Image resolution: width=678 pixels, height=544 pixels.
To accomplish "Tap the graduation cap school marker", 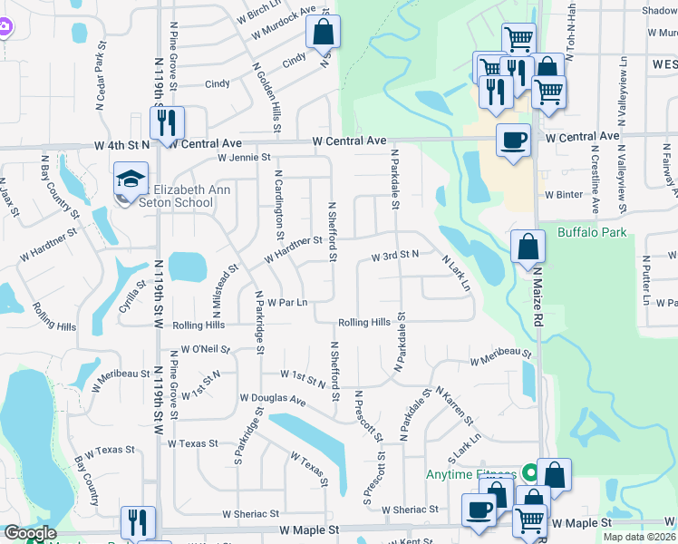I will click(131, 181).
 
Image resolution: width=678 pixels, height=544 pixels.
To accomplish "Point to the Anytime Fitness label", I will click(470, 473).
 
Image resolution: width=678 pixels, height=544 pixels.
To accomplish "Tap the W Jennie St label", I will click(244, 157).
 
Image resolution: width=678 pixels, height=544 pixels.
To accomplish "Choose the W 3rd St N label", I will click(394, 257).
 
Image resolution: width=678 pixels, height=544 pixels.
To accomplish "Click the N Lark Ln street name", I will click(456, 273).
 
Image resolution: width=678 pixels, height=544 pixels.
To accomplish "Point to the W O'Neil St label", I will click(206, 349).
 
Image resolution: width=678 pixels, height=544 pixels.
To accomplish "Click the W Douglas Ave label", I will click(273, 398).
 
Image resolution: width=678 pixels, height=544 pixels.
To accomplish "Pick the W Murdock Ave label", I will click(284, 24).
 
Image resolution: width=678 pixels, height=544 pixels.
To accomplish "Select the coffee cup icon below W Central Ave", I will click(514, 140).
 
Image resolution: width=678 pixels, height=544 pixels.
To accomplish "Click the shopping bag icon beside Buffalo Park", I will click(528, 246).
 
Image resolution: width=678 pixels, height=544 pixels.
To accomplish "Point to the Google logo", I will click(30, 534).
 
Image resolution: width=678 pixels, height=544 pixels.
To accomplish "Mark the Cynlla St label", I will click(132, 296).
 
